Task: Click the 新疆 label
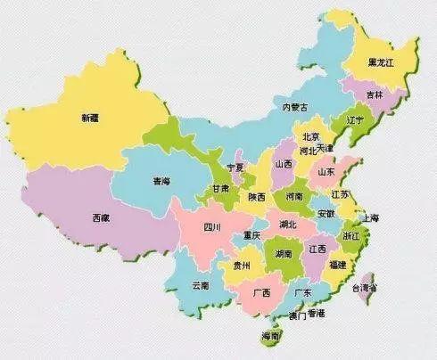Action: point(89,118)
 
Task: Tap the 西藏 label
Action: point(101,217)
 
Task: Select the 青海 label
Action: point(161,181)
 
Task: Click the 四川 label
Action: point(211,226)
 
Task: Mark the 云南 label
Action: point(200,285)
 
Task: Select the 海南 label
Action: point(270,336)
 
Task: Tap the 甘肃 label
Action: point(219,189)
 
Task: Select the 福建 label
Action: point(337,265)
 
